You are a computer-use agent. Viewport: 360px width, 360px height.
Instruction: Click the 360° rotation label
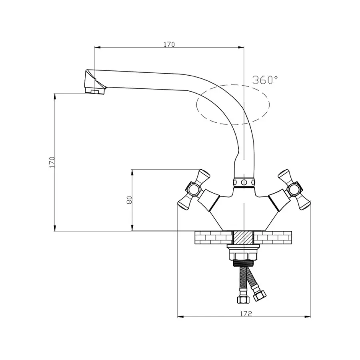point(265,80)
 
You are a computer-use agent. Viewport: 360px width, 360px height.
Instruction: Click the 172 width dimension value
point(246,314)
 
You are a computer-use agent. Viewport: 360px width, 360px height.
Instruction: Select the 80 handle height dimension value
point(130,200)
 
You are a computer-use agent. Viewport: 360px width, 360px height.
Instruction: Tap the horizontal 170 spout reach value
point(169,44)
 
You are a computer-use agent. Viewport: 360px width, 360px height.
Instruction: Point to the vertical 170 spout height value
point(52,162)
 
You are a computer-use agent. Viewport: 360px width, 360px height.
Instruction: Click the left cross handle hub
point(192,189)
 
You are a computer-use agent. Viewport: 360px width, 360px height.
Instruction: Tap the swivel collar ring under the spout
point(244,183)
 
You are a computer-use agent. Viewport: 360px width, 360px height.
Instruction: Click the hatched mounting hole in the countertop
point(243,238)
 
